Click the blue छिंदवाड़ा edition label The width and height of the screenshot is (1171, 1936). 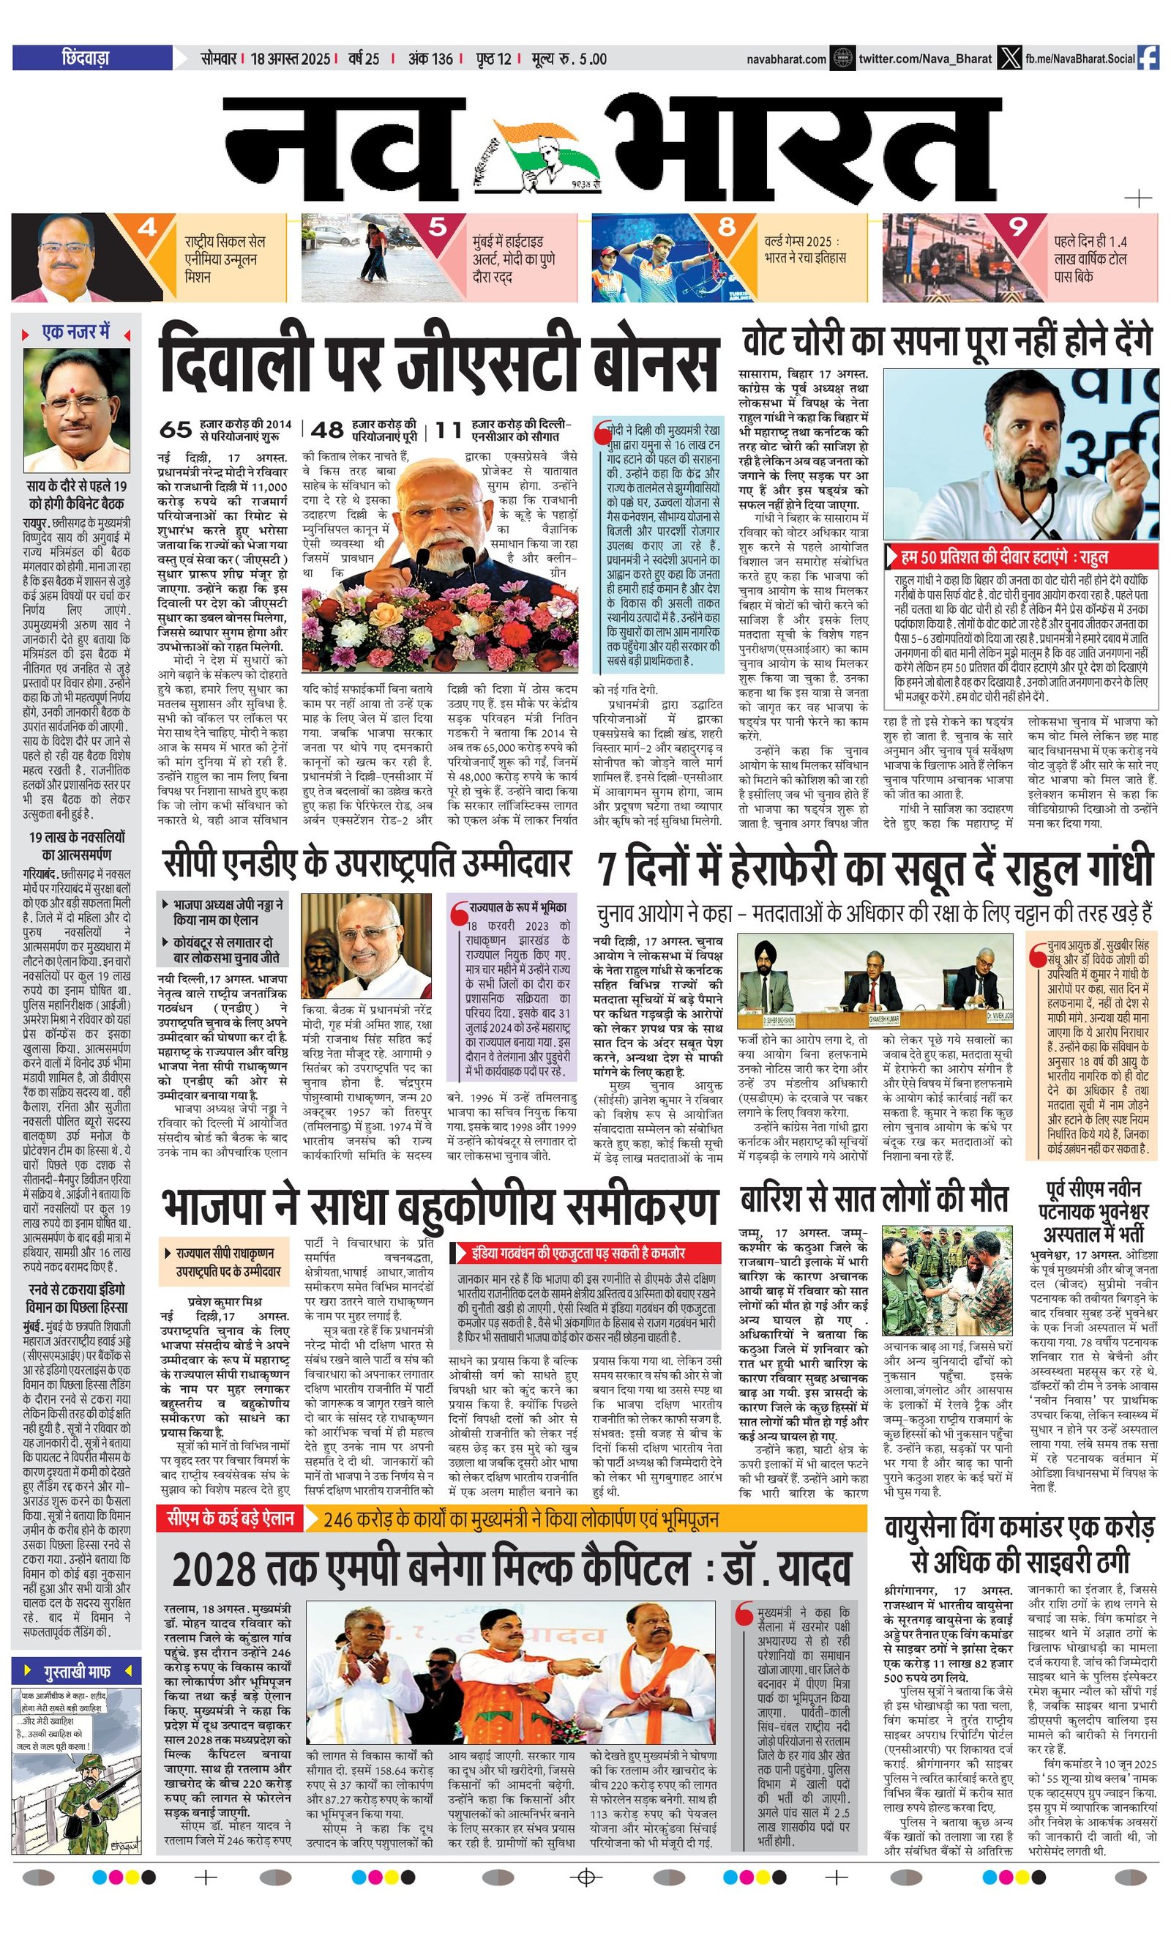point(92,58)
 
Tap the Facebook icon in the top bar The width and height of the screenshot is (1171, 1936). point(1148,58)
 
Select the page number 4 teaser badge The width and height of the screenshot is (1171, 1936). point(147,228)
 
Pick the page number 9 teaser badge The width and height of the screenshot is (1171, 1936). point(1018,228)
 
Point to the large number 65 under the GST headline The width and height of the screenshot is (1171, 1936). point(176,430)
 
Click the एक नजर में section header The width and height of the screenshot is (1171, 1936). point(76,333)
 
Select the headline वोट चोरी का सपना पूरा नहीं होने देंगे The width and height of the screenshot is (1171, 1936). point(947,342)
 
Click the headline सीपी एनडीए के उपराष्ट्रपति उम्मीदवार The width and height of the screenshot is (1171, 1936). point(367,863)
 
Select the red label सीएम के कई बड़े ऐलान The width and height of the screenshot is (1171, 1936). point(230,1517)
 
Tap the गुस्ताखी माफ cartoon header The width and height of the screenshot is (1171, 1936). point(77,1671)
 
